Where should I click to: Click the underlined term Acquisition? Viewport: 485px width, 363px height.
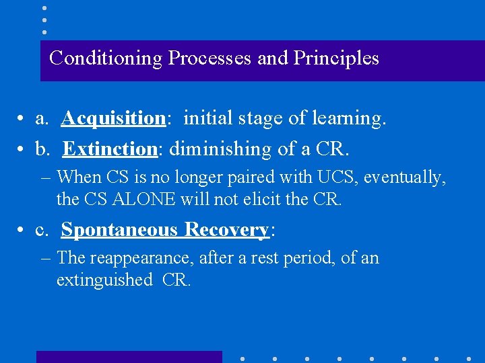pyautogui.click(x=113, y=118)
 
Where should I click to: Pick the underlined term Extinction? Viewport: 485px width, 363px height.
pyautogui.click(x=109, y=148)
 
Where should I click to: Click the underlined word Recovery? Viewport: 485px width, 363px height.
pyautogui.click(x=227, y=230)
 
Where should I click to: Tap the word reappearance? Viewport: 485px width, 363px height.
pyautogui.click(x=129, y=258)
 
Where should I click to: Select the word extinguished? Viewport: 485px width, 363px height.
pyautogui.click(x=104, y=280)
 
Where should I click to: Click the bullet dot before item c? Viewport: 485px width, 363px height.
pyautogui.click(x=22, y=231)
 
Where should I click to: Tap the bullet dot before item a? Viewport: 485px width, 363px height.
pyautogui.click(x=22, y=119)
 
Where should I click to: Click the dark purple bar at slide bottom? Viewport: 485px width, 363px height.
pyautogui.click(x=129, y=357)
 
